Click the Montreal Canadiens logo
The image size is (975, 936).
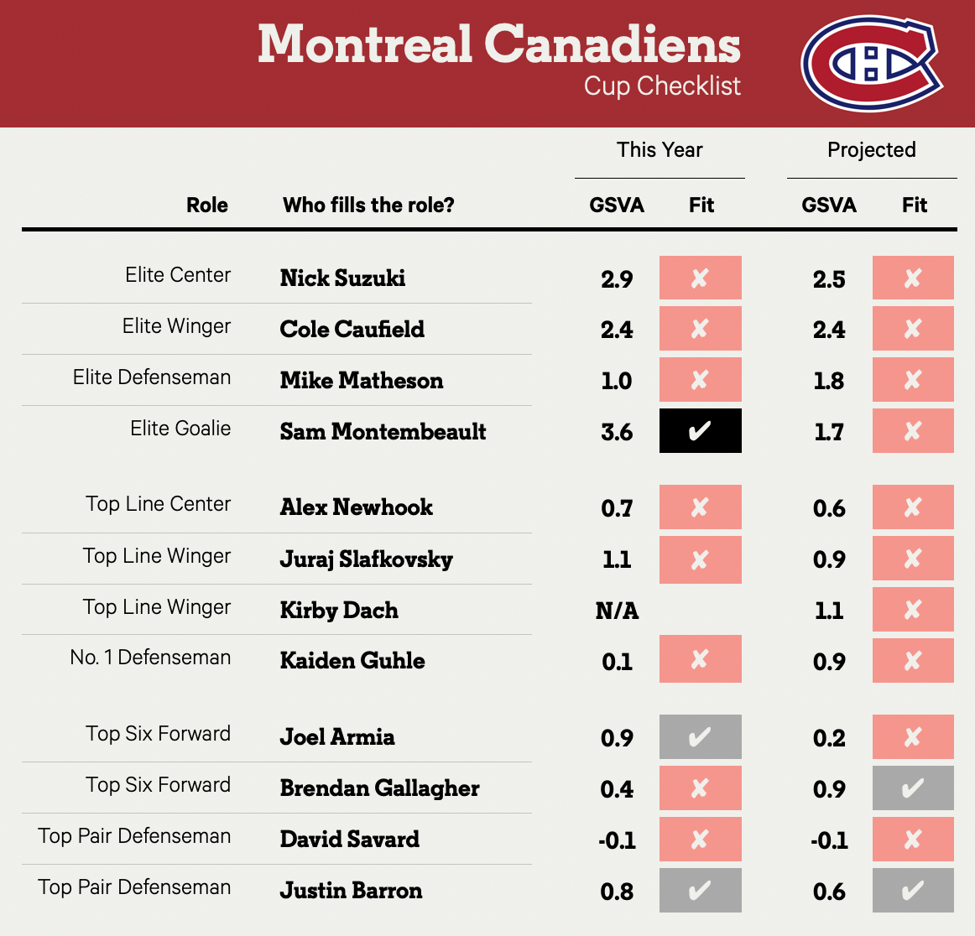(871, 63)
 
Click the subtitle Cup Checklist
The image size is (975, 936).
(662, 86)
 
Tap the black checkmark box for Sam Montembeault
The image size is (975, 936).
(700, 431)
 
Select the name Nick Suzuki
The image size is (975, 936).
(342, 278)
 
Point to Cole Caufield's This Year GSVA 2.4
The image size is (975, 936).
(617, 330)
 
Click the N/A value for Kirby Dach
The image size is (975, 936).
(617, 611)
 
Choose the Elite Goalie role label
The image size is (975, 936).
(180, 429)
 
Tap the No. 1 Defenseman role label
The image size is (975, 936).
(150, 658)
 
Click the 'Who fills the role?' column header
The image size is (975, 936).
(368, 205)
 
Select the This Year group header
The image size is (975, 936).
(660, 150)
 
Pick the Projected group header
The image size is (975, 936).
(871, 150)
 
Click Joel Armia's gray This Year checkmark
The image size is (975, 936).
(700, 737)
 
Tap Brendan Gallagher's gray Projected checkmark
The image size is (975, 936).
(913, 788)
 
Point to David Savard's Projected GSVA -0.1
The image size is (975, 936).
(829, 840)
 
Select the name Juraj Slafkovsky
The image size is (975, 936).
(366, 559)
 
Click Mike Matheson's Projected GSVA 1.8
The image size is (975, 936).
(829, 381)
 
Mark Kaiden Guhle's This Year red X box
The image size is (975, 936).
(700, 660)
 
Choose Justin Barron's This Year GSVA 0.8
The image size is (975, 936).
(617, 892)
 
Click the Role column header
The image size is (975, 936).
(207, 205)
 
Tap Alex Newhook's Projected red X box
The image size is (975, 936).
(913, 507)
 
